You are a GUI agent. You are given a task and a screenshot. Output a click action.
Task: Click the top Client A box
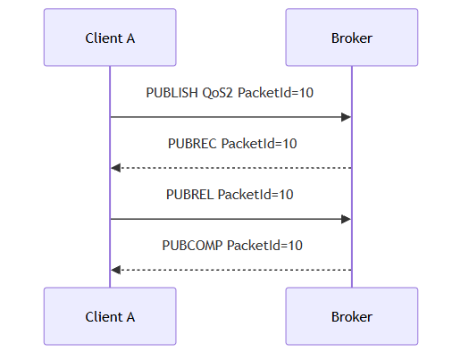[x=110, y=38]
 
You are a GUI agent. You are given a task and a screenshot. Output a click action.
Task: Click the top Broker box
[x=352, y=38]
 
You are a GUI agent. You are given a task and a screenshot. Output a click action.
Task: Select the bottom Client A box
[x=110, y=316]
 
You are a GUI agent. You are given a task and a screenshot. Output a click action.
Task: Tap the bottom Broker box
[x=352, y=316]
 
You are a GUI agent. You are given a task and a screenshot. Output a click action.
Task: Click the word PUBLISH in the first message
[x=172, y=93]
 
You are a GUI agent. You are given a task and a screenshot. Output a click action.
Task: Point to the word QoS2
[x=217, y=93]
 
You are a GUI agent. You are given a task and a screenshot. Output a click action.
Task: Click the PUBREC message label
[x=232, y=144]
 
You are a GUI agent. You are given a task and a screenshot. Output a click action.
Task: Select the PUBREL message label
[x=230, y=195]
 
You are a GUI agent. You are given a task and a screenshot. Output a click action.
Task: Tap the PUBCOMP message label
[x=232, y=246]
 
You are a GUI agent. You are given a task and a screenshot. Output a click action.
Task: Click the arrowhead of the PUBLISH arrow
[x=346, y=117]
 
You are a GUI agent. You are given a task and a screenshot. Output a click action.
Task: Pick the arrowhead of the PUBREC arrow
[x=116, y=168]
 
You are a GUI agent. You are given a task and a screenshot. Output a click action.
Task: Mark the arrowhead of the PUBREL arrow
[x=346, y=219]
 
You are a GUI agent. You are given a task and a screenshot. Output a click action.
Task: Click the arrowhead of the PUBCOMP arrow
[x=116, y=270]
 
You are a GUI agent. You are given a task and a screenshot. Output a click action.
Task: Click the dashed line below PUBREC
[x=230, y=168]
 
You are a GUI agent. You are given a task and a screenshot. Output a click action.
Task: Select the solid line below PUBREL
[x=230, y=219]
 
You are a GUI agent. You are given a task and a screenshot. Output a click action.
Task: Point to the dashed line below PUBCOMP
[x=230, y=270]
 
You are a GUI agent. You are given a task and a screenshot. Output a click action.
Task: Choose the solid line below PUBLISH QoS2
[x=230, y=117]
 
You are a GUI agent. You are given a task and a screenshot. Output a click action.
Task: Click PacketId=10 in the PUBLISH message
[x=275, y=93]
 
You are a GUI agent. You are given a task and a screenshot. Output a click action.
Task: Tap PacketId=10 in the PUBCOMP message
[x=264, y=246]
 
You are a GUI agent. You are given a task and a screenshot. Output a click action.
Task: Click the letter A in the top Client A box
[x=130, y=38]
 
